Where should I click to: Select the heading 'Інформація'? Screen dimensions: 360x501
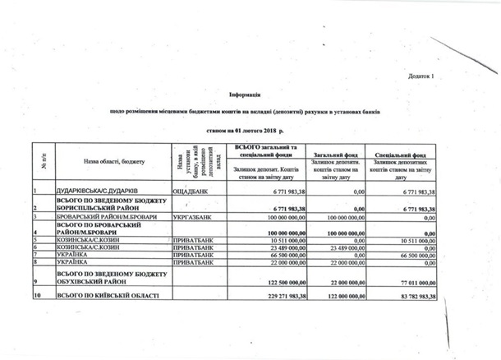(x=246, y=95)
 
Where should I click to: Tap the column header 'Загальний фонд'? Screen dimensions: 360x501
(x=333, y=153)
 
